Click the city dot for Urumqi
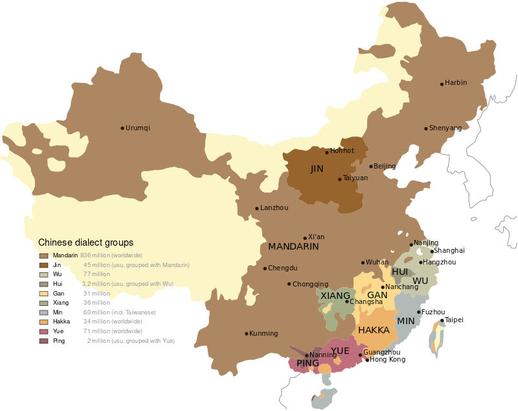tap(122, 128)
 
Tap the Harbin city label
tap(456, 83)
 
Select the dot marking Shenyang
tap(426, 128)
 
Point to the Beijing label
tap(385, 167)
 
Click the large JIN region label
tap(317, 169)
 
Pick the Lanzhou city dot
tap(257, 208)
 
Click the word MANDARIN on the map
tap(293, 247)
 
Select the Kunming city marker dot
tap(247, 334)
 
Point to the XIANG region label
tap(335, 296)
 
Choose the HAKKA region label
tap(374, 330)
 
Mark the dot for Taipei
tap(442, 320)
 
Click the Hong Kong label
tap(388, 360)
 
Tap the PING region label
tap(308, 364)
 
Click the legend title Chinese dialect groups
tap(85, 242)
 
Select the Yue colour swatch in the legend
tap(43, 331)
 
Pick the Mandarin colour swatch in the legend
tap(43, 256)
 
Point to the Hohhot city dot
tap(327, 152)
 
